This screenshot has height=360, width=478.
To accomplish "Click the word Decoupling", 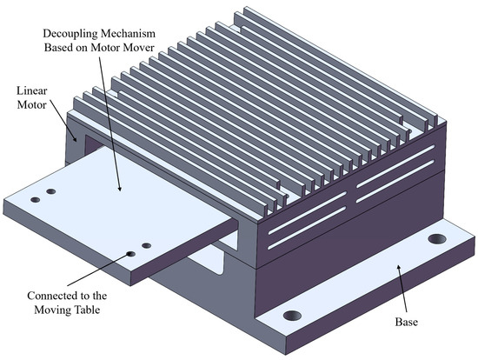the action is (69, 34).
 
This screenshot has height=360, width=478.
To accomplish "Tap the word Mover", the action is (138, 47).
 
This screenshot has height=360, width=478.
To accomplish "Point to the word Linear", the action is (31, 90).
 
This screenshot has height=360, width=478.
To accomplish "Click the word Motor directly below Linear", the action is (31, 104).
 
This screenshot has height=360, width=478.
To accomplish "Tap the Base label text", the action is (407, 322).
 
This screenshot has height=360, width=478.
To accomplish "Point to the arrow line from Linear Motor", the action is (63, 121).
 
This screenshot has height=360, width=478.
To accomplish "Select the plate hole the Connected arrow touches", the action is (131, 254).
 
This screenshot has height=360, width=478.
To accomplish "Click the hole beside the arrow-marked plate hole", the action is (147, 245).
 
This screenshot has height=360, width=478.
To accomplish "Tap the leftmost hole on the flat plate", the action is (36, 200).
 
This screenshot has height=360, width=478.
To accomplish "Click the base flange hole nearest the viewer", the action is (292, 315).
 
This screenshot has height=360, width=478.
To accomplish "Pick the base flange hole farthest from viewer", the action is (437, 238).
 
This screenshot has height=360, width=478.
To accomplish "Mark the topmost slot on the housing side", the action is (395, 166).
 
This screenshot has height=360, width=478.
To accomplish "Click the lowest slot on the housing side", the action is (307, 228).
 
